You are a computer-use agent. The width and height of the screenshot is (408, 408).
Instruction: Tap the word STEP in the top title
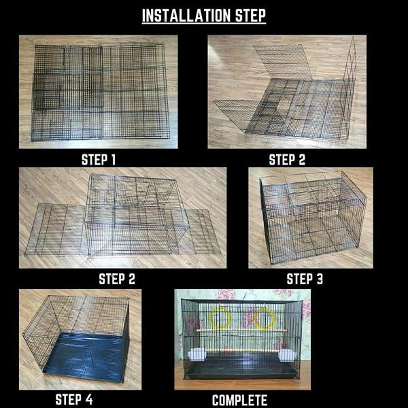click(x=250, y=16)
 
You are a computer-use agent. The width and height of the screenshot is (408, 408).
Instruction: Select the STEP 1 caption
click(x=99, y=160)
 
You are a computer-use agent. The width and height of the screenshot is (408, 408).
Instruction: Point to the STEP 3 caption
click(x=305, y=279)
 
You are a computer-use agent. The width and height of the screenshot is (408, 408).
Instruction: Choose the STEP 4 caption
click(x=74, y=399)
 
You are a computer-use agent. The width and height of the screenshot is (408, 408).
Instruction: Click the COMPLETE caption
click(x=239, y=401)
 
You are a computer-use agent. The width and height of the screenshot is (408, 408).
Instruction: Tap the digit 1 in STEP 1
click(x=113, y=160)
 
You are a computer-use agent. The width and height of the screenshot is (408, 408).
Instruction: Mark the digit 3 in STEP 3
click(x=320, y=279)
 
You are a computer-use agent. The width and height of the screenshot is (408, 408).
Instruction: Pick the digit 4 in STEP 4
click(x=89, y=399)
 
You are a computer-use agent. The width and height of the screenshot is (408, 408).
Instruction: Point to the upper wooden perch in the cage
click(x=241, y=330)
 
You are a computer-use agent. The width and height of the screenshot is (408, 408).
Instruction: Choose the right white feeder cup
click(x=286, y=355)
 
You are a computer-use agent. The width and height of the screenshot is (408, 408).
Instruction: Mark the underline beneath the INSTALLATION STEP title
click(x=204, y=24)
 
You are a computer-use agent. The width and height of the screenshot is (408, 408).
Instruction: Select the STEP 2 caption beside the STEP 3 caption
click(x=117, y=279)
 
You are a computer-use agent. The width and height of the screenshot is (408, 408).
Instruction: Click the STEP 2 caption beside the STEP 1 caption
click(x=287, y=160)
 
